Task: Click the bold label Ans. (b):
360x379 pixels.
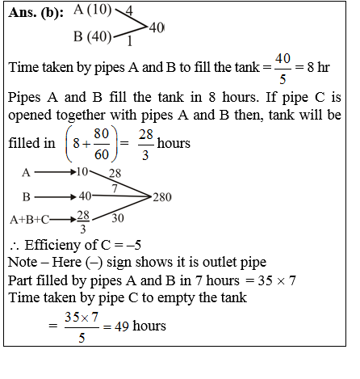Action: (x=38, y=14)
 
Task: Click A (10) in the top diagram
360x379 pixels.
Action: (x=92, y=11)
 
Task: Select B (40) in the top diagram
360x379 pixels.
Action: (x=92, y=36)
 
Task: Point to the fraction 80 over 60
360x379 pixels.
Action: (x=101, y=145)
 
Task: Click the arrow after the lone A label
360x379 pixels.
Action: (x=54, y=172)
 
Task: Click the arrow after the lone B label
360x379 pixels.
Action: (x=54, y=196)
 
